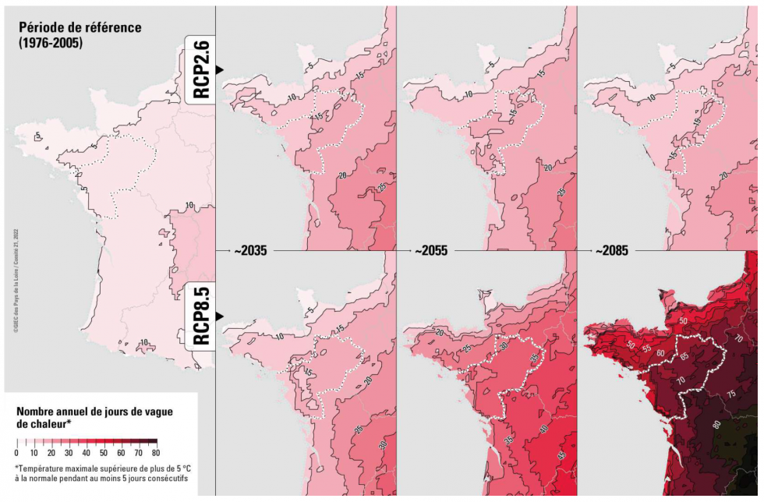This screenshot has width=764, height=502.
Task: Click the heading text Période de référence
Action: coord(80,27)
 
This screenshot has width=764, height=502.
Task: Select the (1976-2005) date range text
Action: coord(51,43)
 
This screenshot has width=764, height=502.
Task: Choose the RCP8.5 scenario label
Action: coord(200,316)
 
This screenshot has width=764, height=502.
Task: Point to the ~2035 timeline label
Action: coord(249,252)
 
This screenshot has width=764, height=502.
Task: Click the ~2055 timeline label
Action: coord(431,252)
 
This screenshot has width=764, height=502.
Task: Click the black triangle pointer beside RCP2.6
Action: coord(220,70)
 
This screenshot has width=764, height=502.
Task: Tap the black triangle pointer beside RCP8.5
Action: coord(220,316)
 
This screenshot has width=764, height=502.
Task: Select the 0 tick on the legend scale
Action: coord(16,453)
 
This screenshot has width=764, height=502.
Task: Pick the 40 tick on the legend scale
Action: coord(87,453)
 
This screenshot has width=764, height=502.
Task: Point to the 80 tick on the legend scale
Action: coord(156,453)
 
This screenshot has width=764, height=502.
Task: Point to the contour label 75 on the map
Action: coord(730,394)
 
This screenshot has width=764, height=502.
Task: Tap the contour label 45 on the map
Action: coord(561,454)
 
